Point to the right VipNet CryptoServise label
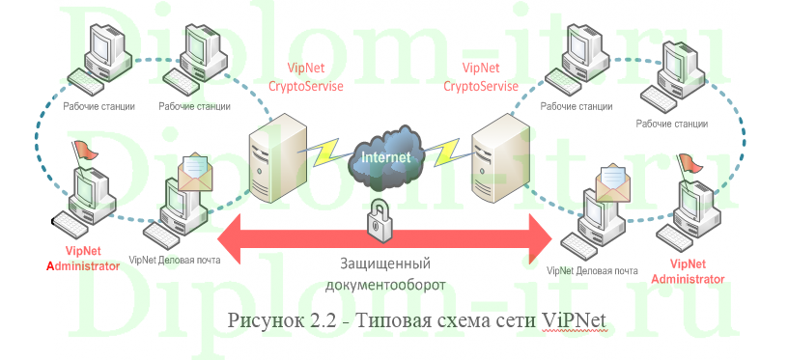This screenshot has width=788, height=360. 481,77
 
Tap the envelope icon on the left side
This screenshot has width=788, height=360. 195,170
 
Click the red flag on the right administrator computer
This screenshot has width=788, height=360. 689,163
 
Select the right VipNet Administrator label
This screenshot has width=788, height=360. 689,270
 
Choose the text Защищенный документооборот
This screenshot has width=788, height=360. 384,274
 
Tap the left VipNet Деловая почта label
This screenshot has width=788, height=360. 175,260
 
